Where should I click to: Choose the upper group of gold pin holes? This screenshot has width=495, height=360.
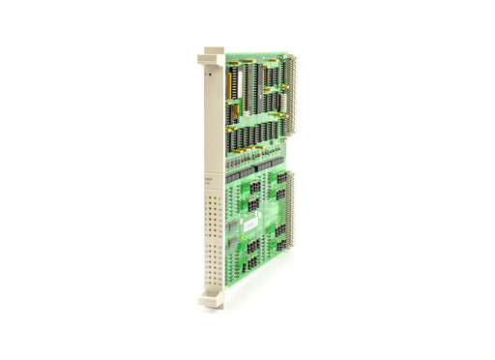(x=214, y=213)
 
